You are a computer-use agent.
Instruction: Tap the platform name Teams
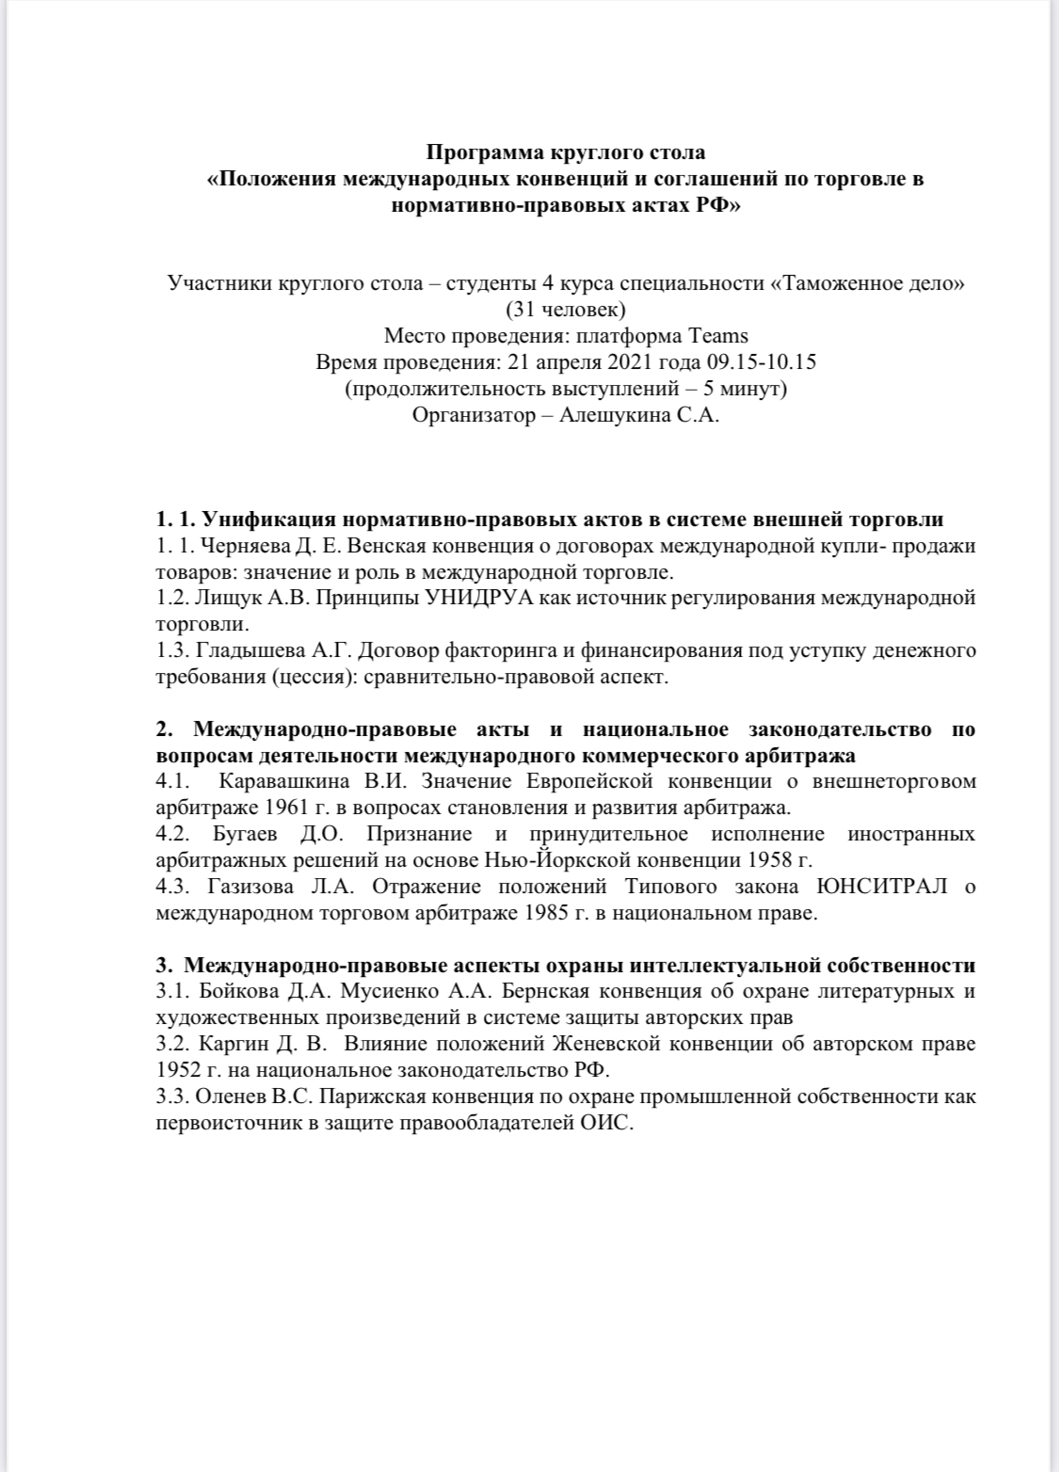click(x=718, y=336)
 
